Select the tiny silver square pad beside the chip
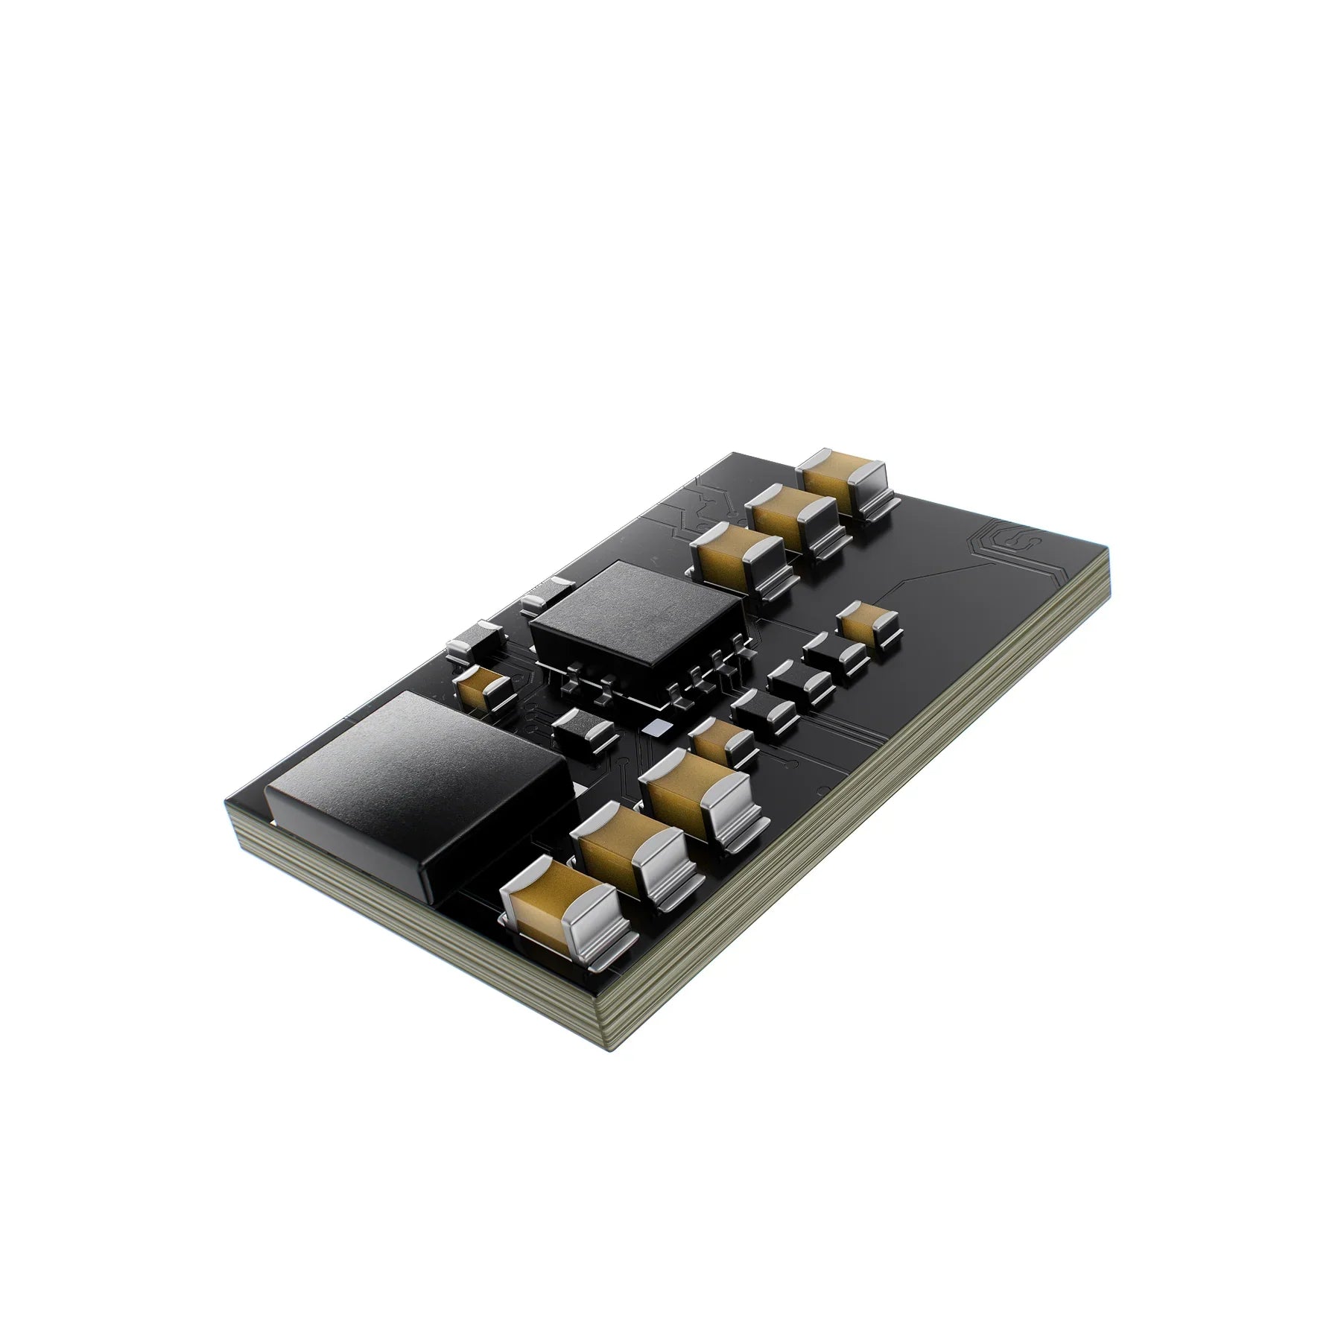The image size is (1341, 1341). (656, 727)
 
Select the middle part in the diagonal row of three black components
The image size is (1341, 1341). (801, 682)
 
